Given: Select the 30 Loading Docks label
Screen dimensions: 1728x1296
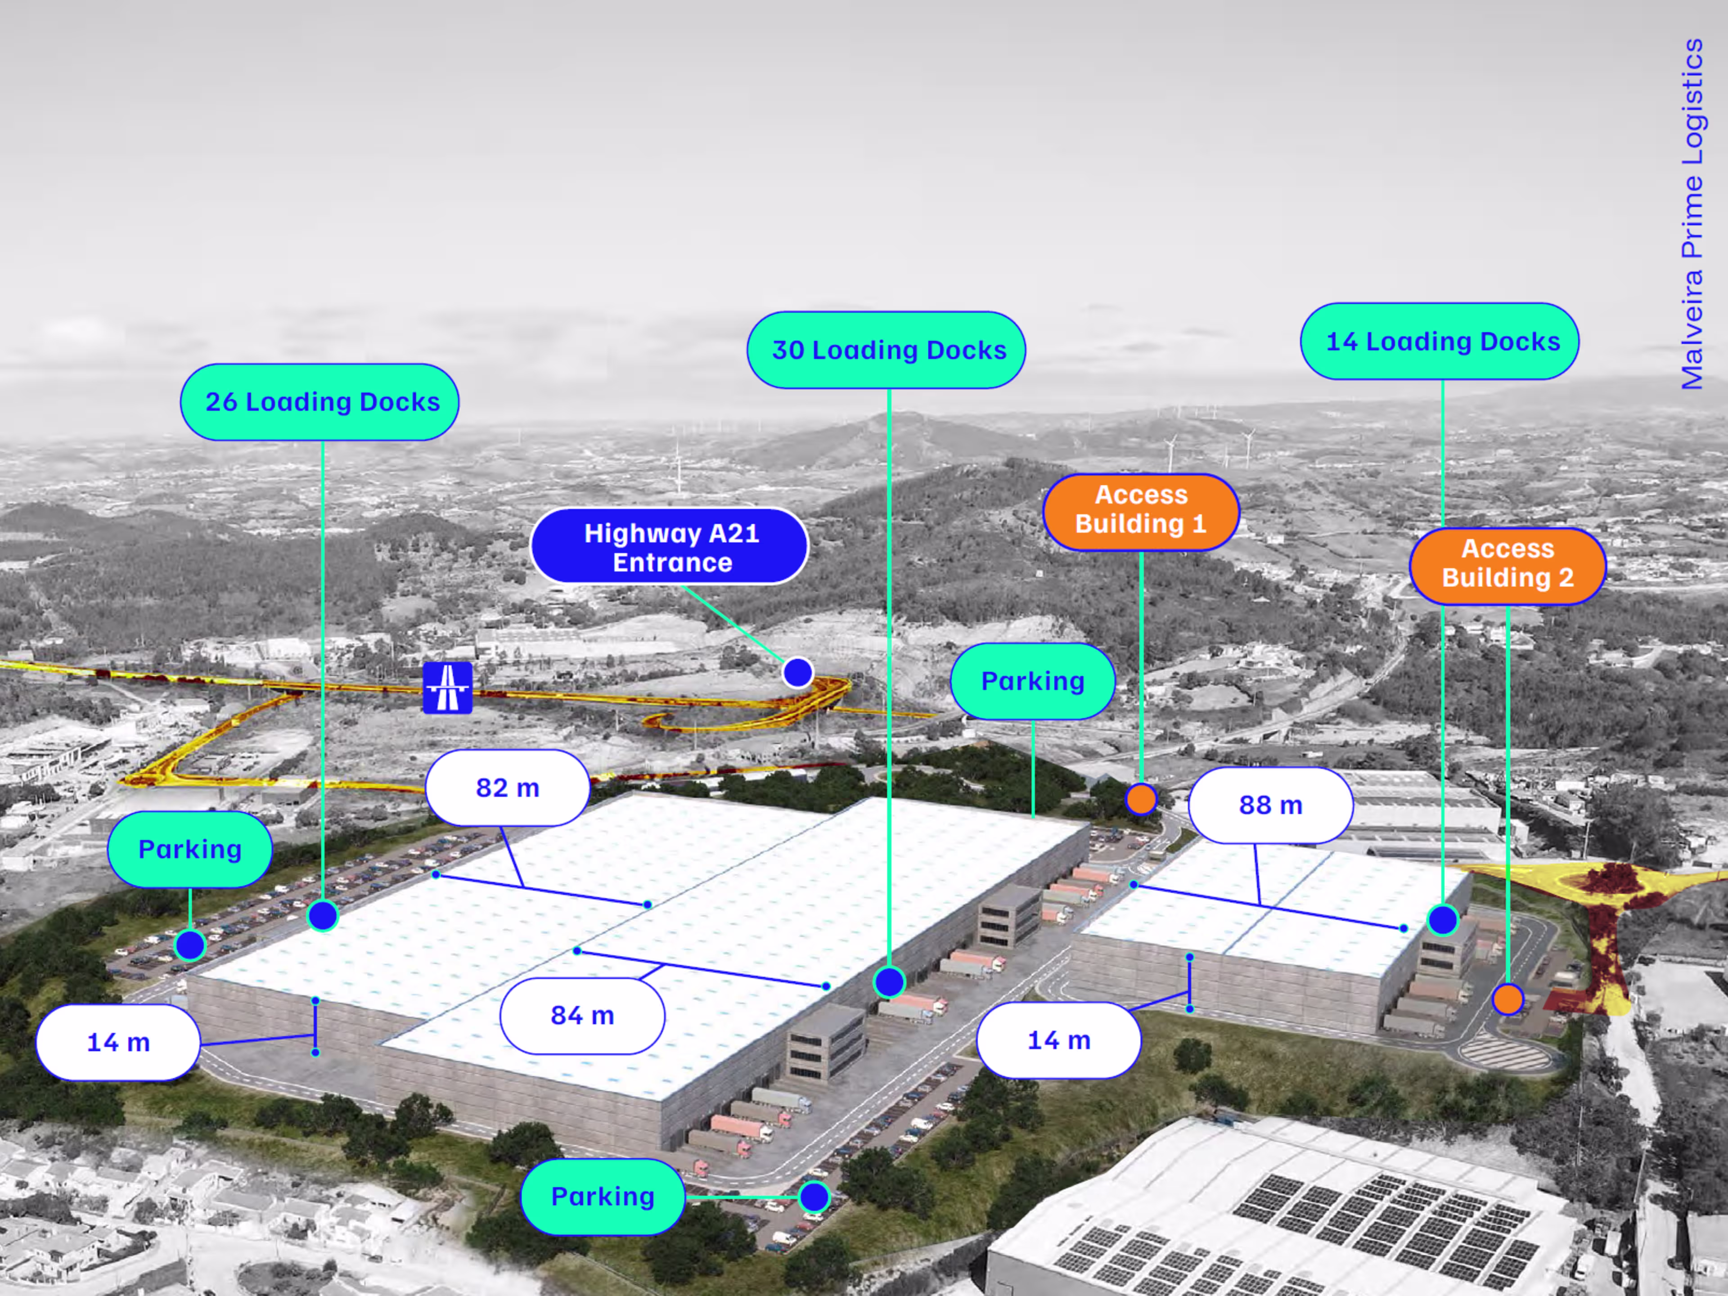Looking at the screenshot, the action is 886,350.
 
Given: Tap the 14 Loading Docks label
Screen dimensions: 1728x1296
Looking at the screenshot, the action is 1440,342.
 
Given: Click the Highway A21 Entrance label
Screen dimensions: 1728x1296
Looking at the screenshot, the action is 670,547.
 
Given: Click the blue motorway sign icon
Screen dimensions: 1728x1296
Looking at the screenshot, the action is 448,688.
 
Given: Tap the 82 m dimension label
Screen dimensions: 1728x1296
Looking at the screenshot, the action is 508,787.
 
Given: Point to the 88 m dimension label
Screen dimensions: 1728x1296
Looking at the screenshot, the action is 1271,805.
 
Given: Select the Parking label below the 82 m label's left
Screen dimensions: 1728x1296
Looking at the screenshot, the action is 190,849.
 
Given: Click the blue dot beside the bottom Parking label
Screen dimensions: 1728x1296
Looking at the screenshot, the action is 814,1197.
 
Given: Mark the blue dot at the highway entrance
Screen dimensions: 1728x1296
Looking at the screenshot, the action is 797,672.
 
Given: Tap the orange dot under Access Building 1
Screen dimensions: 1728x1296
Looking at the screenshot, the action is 1141,799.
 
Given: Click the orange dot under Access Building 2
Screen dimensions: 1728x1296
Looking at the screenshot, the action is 1507,999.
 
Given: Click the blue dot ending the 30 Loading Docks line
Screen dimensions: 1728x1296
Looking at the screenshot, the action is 889,982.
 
